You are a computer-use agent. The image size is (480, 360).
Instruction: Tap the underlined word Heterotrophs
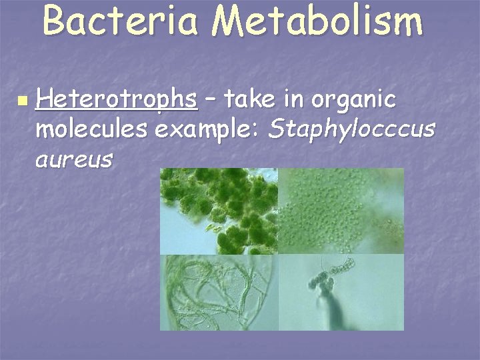click(117, 100)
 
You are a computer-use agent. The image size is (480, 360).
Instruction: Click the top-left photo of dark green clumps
click(219, 211)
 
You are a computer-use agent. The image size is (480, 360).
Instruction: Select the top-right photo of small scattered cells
click(341, 211)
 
